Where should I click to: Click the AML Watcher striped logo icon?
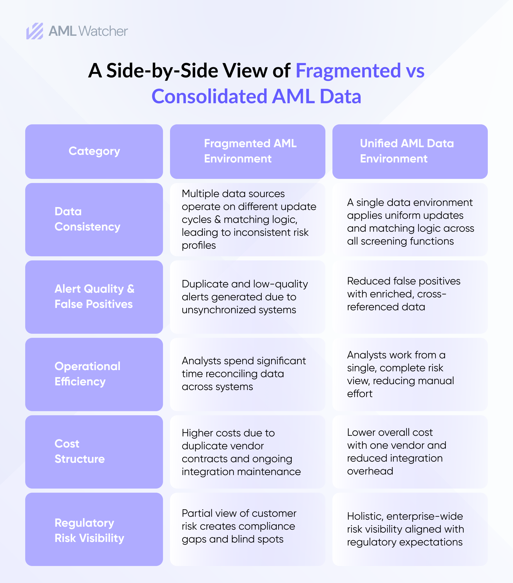pos(35,31)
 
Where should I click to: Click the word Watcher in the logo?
pos(103,31)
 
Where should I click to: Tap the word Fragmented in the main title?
pos(348,71)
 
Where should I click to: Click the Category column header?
pos(94,151)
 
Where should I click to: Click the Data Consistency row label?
pos(87,219)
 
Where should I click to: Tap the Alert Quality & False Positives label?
pos(94,296)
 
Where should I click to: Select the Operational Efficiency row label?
pos(87,374)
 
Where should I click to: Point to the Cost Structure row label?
pos(79,451)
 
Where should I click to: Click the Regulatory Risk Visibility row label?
pos(89,531)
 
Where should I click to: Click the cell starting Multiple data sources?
pos(248,219)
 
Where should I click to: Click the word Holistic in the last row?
pos(365,516)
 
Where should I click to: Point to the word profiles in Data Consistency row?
pos(198,245)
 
